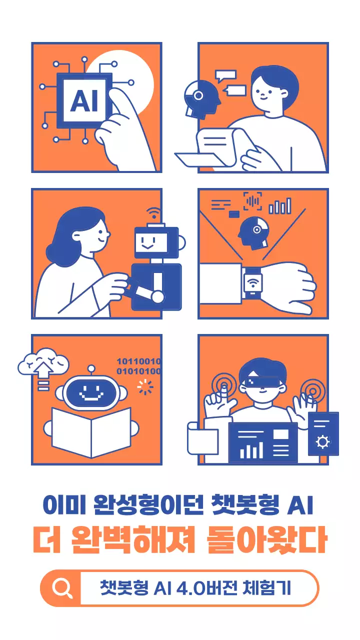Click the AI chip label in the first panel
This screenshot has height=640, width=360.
[84, 100]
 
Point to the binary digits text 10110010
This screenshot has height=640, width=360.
[138, 361]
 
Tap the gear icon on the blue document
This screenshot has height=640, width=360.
[323, 442]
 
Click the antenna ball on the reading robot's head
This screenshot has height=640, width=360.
[91, 369]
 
